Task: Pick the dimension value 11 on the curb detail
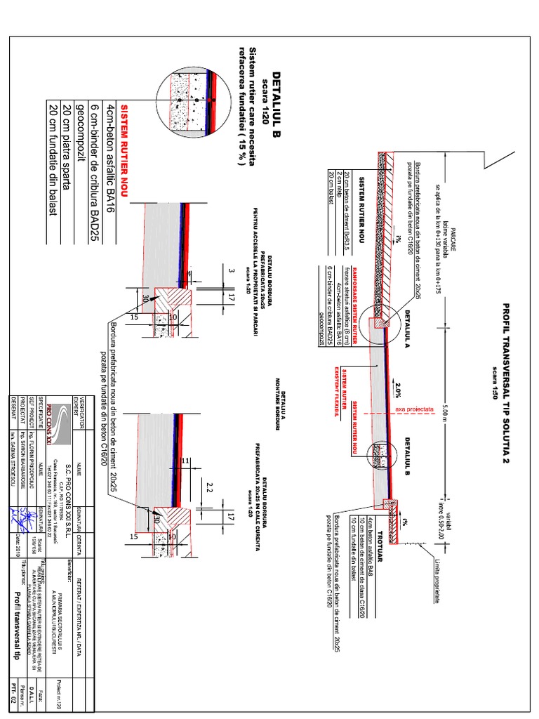[x=185, y=460]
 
